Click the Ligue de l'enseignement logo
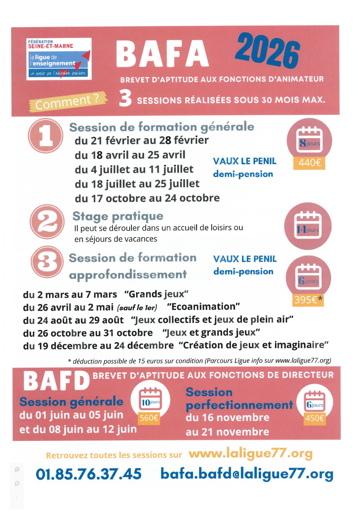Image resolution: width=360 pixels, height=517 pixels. click(59, 59)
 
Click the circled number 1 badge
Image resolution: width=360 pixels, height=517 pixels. click(46, 135)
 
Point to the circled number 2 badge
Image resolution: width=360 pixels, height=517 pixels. click(47, 221)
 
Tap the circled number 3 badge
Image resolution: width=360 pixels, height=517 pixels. click(47, 262)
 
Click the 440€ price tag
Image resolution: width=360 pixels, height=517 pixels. click(309, 163)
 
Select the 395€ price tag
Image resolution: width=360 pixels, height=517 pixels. click(308, 299)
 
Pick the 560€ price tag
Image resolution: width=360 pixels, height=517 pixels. click(149, 418)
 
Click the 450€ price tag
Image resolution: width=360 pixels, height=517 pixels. click(314, 418)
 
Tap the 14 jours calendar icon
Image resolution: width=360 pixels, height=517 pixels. click(308, 226)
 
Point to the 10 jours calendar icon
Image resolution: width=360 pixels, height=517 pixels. click(151, 399)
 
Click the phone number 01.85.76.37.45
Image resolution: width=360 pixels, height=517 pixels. click(88, 474)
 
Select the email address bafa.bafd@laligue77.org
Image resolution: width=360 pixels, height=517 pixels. click(247, 474)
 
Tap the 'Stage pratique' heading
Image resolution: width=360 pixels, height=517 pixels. click(118, 216)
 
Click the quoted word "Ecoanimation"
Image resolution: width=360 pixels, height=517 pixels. click(203, 306)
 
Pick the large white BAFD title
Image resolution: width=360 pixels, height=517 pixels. click(56, 381)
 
